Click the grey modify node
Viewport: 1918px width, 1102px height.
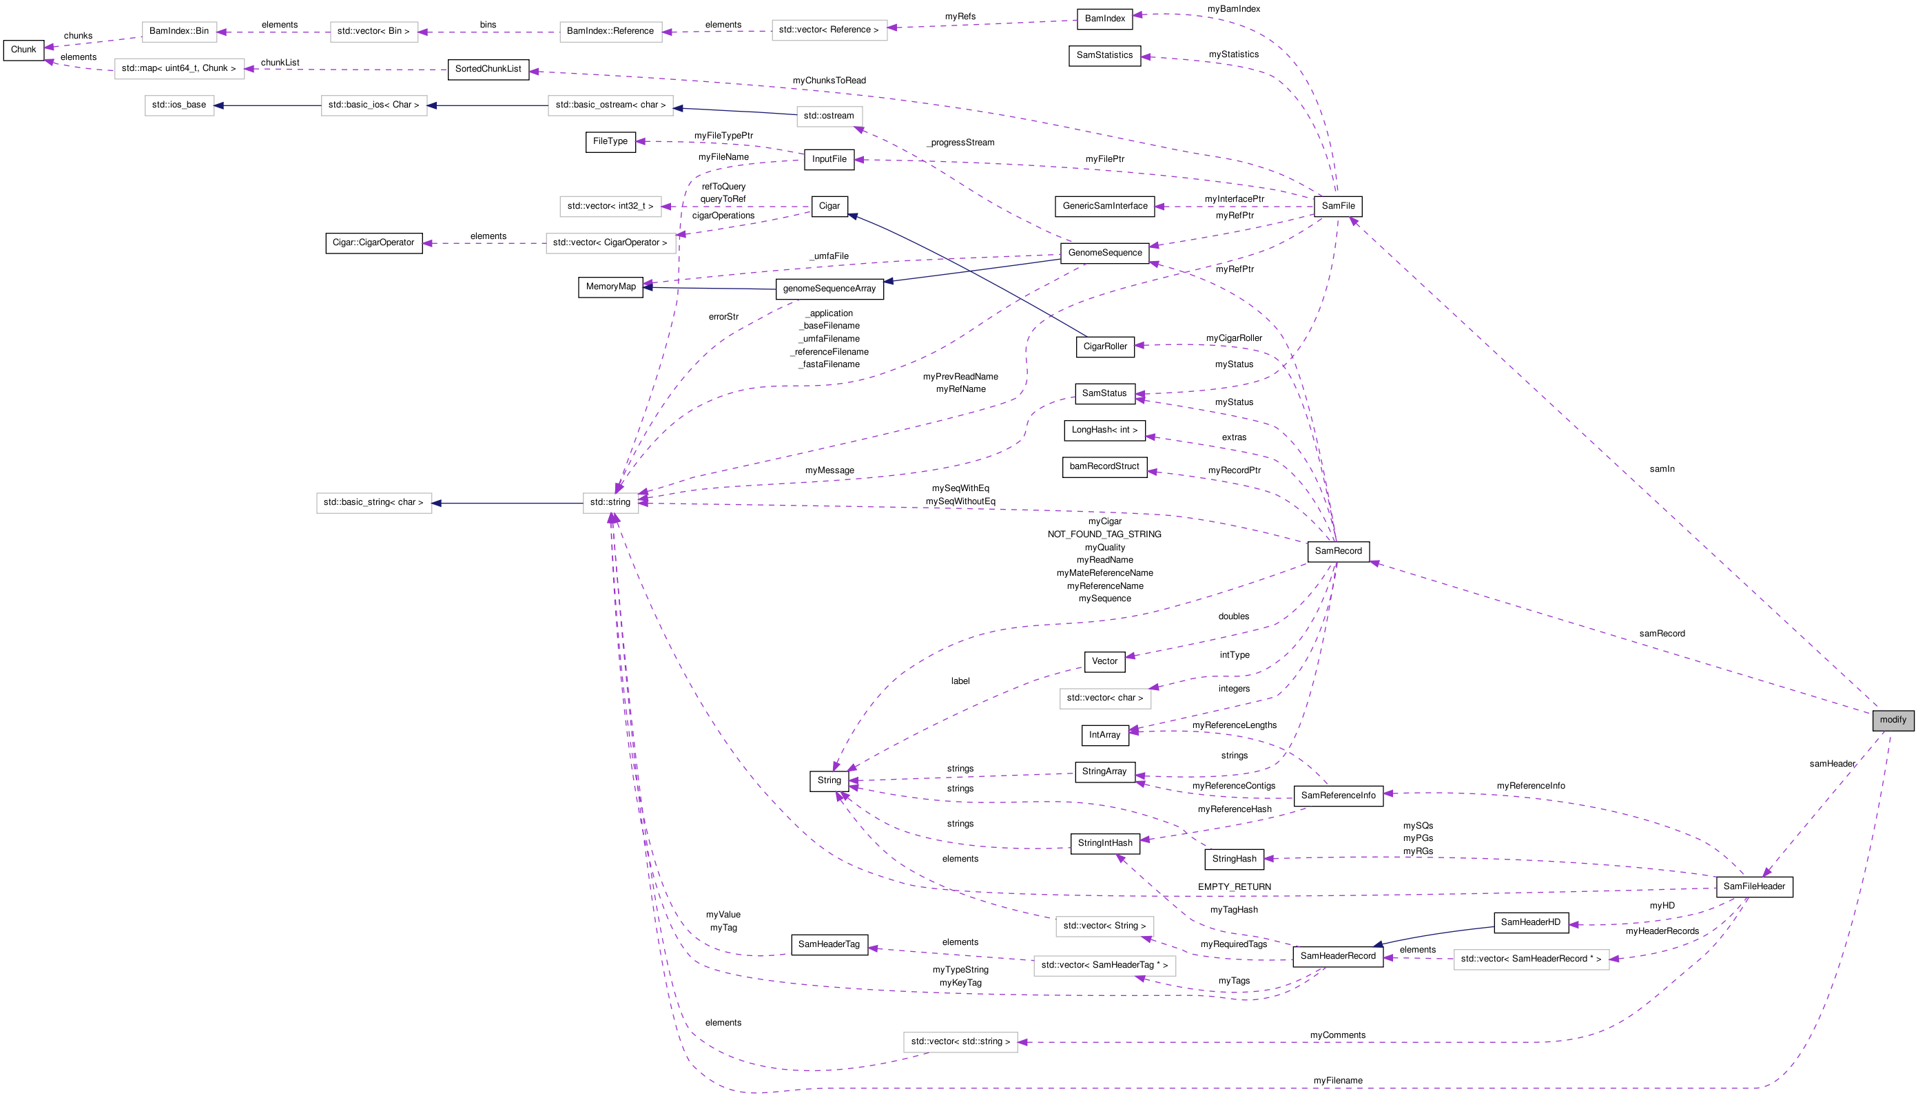(1893, 720)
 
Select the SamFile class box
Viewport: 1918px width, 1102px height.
(1337, 206)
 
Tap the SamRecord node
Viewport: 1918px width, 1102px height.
(1337, 551)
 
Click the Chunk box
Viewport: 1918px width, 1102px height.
(23, 50)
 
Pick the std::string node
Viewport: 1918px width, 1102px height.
(610, 503)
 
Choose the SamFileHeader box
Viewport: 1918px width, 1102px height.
(1754, 886)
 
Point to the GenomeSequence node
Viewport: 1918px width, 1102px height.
(1104, 253)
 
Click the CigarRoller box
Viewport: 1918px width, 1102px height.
(1105, 346)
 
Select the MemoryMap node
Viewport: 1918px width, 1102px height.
(611, 287)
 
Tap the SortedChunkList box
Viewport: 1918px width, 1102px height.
(488, 69)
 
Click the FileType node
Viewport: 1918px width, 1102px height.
(610, 141)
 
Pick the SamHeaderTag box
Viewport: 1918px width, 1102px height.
(829, 944)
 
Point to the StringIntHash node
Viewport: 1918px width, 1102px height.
(1105, 843)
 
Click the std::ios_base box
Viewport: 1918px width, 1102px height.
(178, 105)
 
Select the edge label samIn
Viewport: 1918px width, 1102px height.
(1662, 469)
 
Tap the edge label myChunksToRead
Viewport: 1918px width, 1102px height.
(829, 80)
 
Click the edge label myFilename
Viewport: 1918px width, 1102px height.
(1337, 1081)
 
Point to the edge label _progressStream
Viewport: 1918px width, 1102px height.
(960, 143)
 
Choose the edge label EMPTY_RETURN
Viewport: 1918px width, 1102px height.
(1234, 887)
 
